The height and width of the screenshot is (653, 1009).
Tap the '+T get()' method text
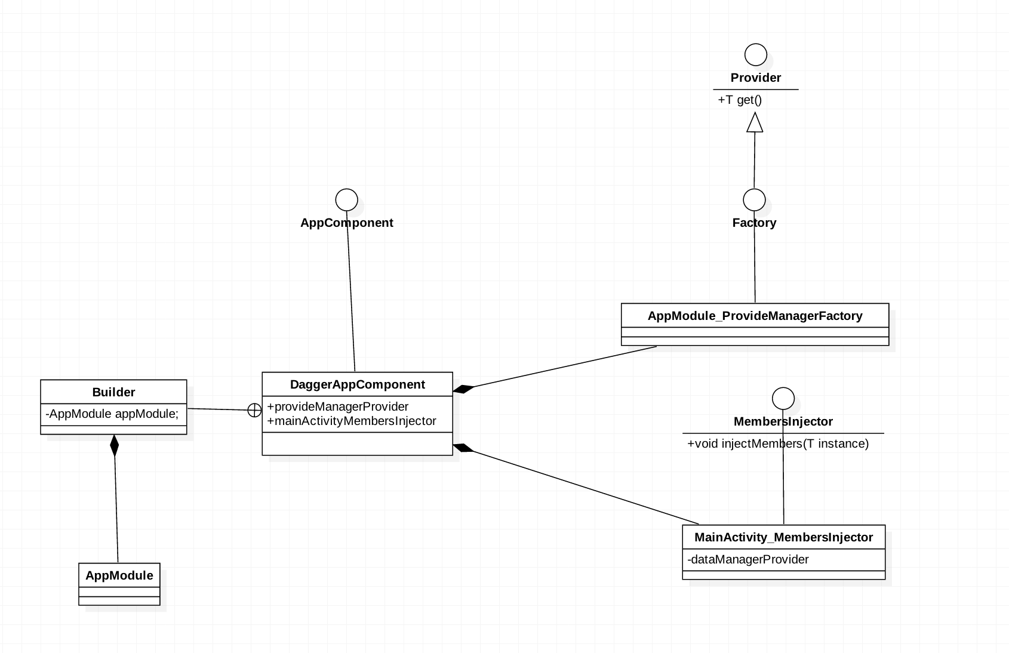point(740,100)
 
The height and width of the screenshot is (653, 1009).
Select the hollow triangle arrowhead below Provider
point(755,122)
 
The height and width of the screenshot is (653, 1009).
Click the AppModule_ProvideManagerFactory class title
point(755,316)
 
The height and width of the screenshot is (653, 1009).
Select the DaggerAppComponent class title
point(357,384)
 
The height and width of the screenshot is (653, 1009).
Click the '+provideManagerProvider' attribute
point(338,406)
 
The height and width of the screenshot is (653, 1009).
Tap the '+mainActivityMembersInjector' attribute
point(352,421)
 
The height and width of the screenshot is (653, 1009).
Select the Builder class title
point(113,392)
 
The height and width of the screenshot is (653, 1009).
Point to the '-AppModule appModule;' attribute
point(112,414)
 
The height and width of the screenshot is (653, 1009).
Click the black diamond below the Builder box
point(115,446)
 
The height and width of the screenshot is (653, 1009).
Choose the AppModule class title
point(119,575)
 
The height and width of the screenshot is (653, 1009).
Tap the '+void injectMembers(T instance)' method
point(778,443)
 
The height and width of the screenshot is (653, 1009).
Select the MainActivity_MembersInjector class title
point(784,537)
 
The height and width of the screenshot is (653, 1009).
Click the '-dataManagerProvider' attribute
point(748,559)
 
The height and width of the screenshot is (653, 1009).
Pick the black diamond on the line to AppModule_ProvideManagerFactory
point(463,389)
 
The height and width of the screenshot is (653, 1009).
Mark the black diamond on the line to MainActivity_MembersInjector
point(463,448)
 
